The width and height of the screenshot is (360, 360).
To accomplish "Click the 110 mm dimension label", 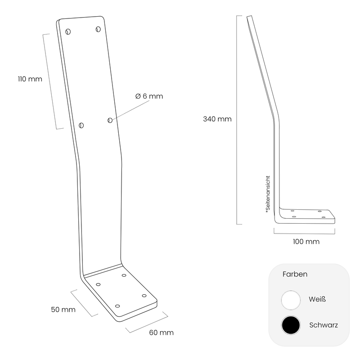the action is (30, 79).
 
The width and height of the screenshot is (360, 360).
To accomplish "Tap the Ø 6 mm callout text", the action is (149, 96).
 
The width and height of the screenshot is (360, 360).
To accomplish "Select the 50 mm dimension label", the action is (63, 310).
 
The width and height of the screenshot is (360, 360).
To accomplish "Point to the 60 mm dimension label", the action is (162, 333).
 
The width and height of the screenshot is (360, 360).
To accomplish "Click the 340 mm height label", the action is (217, 119).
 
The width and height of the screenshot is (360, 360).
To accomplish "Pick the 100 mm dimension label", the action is (306, 242).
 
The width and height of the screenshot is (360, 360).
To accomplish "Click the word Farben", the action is (295, 274).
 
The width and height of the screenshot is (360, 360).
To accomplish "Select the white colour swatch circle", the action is (291, 300).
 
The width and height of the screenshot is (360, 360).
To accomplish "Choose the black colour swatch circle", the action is (291, 325).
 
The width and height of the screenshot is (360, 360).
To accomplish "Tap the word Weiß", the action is (317, 299).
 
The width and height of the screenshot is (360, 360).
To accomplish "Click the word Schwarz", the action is (324, 325).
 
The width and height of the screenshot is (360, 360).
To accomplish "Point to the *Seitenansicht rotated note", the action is (268, 194).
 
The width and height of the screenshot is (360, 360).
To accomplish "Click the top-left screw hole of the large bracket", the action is (68, 31).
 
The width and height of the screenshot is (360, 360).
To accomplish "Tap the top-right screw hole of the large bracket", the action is (98, 29).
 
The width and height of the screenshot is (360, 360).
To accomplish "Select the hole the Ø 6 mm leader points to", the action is (110, 120).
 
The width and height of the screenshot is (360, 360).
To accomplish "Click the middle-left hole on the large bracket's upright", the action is (81, 126).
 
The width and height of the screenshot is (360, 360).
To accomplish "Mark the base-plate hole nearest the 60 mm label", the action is (144, 296).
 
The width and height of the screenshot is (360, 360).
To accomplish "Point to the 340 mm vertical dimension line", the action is (237, 120).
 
